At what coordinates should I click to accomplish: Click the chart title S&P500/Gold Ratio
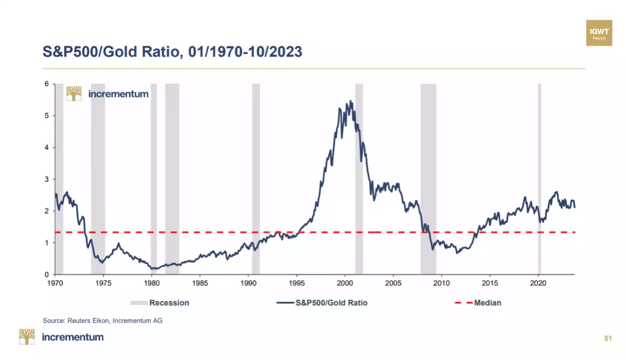point(172,51)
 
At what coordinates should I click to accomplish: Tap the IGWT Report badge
point(599,33)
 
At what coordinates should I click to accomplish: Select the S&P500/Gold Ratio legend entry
point(321,303)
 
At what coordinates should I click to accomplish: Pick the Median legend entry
point(478,303)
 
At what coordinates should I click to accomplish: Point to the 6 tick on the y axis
point(47,84)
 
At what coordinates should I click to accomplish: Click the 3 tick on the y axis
point(47,179)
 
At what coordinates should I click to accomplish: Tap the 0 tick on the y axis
point(47,275)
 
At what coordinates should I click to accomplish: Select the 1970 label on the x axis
point(55,283)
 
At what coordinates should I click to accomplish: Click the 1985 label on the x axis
point(200,283)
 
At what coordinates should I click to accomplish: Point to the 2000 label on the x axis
point(345,283)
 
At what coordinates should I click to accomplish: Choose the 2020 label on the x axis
point(538,283)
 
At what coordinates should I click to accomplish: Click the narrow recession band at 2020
point(540,180)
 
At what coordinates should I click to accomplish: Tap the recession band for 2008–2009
point(428,180)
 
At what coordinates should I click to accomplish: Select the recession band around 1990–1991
point(256,180)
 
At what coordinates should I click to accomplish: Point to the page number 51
point(607,338)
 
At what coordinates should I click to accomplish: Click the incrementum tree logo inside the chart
point(74,94)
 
